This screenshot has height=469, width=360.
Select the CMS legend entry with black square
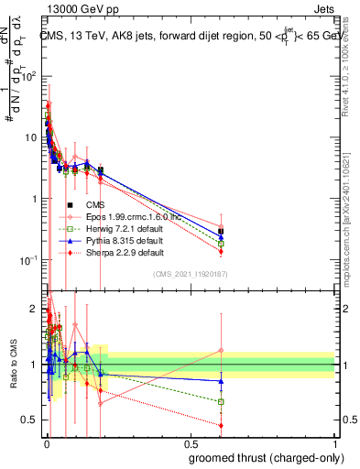click(95, 204)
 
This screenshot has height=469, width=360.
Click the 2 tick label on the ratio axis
click(32, 309)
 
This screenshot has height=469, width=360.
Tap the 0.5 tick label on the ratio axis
click(28, 420)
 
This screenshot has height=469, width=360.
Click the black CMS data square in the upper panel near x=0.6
click(221, 232)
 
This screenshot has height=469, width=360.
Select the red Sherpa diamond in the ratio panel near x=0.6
click(221, 425)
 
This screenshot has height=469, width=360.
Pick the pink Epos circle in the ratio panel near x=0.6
click(221, 350)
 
